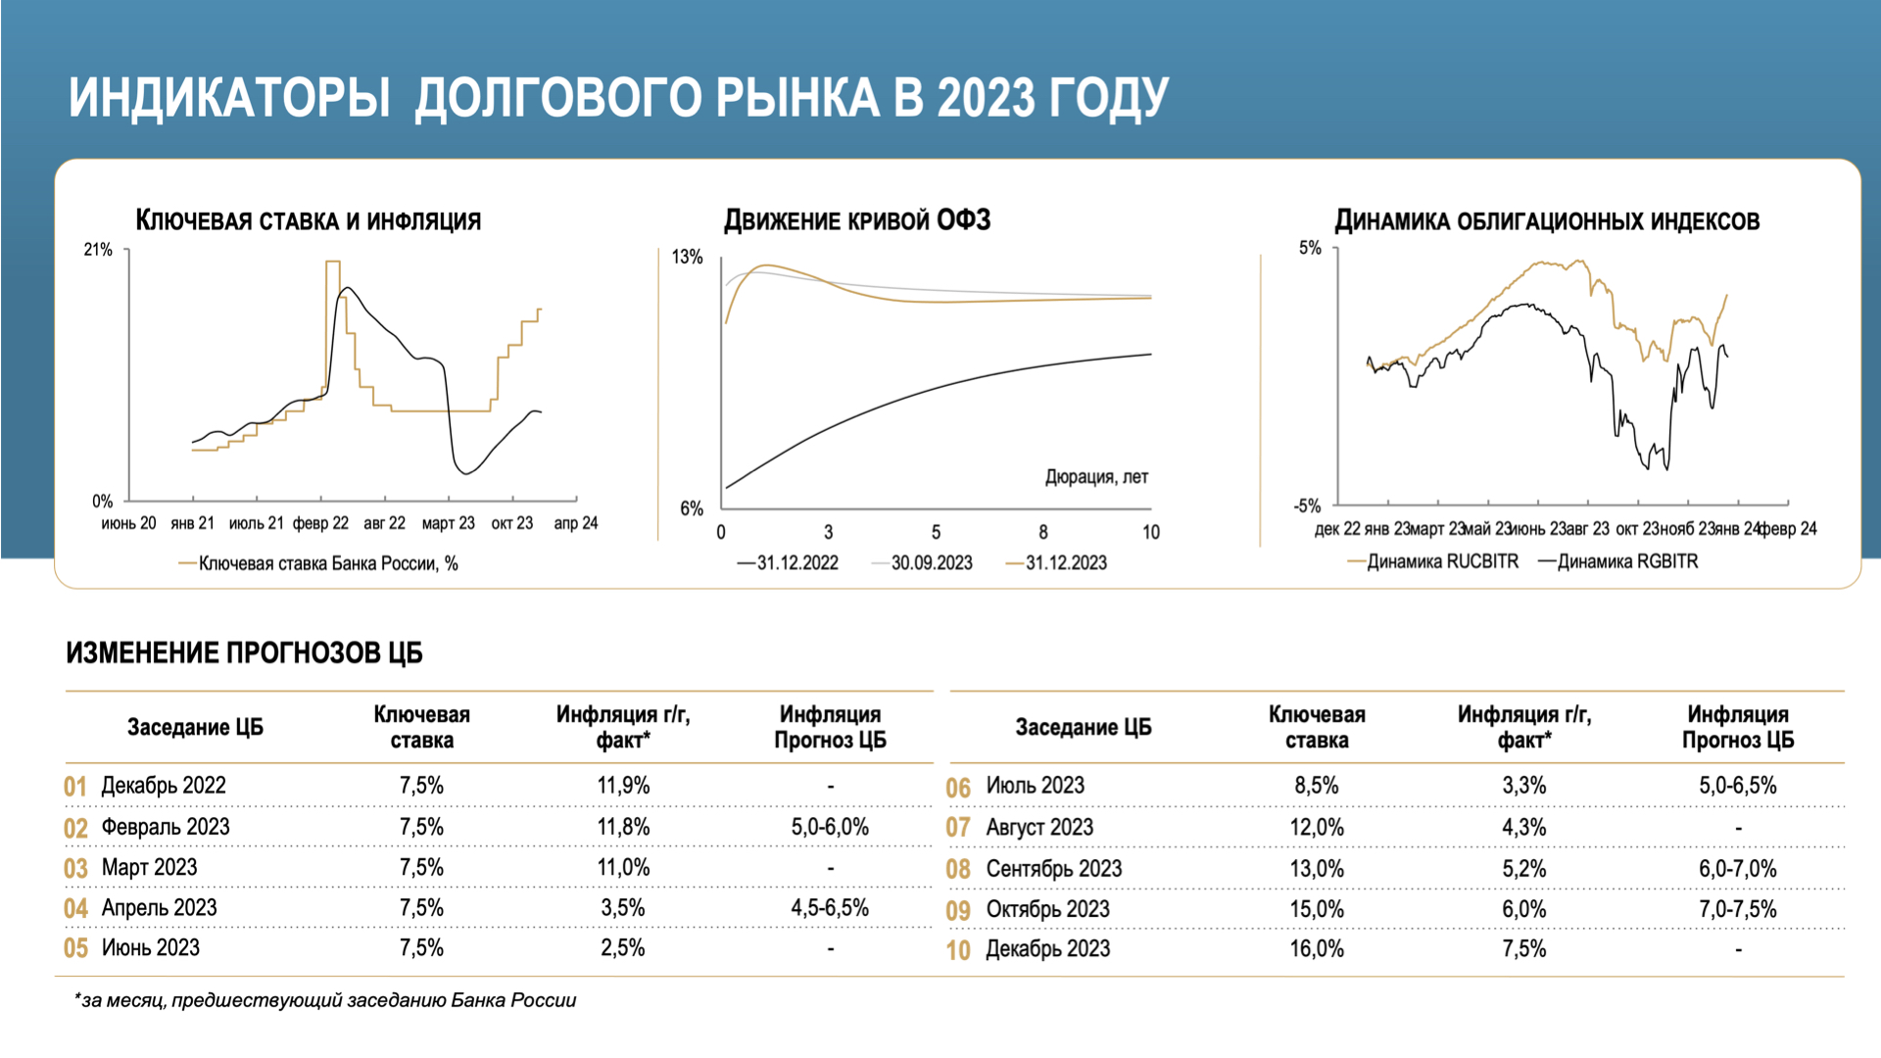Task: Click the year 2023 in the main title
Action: point(986,99)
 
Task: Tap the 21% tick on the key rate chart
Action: point(98,250)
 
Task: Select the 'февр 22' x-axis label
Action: point(320,523)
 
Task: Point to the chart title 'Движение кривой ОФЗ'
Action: point(857,220)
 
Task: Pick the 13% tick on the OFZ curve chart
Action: point(687,257)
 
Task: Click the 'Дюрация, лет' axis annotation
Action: point(1095,477)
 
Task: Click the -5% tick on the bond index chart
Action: point(1307,505)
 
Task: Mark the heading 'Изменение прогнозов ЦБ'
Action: point(244,653)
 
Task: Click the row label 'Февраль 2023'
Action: point(166,827)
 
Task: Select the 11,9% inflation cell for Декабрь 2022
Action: point(623,786)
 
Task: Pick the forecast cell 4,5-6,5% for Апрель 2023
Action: point(830,908)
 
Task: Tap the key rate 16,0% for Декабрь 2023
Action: point(1316,949)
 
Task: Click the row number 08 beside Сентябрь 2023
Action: point(958,869)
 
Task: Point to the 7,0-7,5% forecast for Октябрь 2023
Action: point(1737,909)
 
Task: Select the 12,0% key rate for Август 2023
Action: point(1316,828)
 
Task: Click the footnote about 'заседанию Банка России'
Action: point(325,1000)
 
